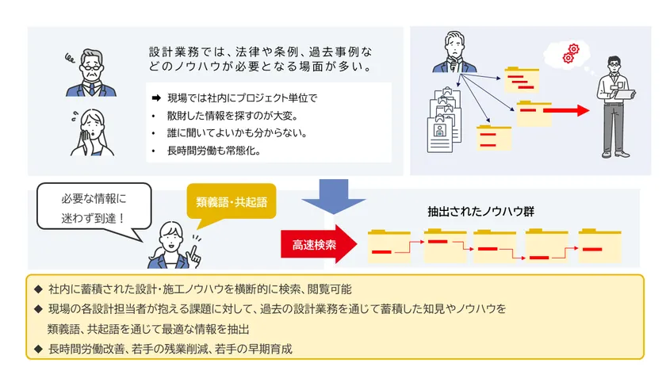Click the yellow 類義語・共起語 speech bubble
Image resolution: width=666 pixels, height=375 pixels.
[232, 202]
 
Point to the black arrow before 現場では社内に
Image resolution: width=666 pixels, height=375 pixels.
[156, 98]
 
